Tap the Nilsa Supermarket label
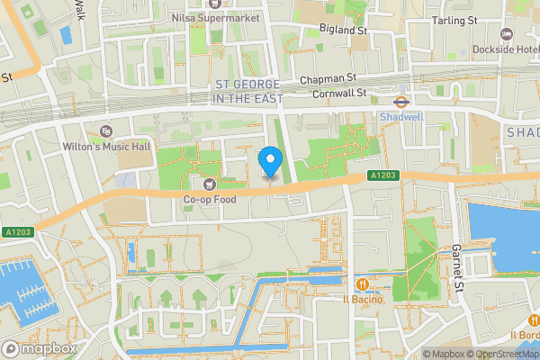(x=220, y=17)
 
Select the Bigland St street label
(x=345, y=30)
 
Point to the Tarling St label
(x=454, y=20)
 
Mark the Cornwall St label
(x=338, y=93)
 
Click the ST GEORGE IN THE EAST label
(x=247, y=92)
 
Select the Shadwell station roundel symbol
(x=400, y=102)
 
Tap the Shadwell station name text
(x=400, y=116)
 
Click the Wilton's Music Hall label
(x=98, y=146)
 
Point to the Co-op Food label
(x=210, y=199)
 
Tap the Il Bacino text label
(x=362, y=299)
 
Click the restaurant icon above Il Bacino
(x=362, y=283)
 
